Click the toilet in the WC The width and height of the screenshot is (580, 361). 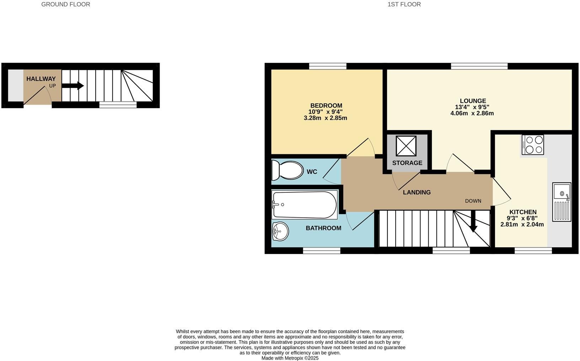click(x=288, y=170)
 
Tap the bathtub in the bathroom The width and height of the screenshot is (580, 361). click(x=305, y=205)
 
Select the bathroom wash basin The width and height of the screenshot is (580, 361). click(x=280, y=231)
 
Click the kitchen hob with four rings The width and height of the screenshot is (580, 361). click(x=533, y=145)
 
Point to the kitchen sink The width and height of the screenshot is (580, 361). click(x=562, y=202)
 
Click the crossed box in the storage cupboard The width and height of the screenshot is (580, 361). click(x=406, y=146)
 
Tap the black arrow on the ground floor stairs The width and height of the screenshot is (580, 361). click(x=73, y=86)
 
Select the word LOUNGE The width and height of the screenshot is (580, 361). click(x=473, y=101)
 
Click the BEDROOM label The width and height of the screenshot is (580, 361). click(x=326, y=106)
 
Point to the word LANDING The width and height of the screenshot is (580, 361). click(x=417, y=192)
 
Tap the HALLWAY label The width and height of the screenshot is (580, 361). click(x=41, y=79)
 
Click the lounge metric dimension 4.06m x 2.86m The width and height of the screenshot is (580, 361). click(x=472, y=113)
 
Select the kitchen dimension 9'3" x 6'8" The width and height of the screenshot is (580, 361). click(x=523, y=218)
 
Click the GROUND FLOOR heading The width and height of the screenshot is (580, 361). click(x=66, y=4)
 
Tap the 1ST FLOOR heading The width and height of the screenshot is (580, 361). click(x=404, y=4)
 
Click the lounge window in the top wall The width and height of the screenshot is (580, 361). click(x=479, y=66)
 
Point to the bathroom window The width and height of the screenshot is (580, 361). click(x=322, y=251)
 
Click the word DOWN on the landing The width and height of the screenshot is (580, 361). click(x=473, y=201)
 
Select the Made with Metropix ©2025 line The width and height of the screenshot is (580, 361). click(x=290, y=358)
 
